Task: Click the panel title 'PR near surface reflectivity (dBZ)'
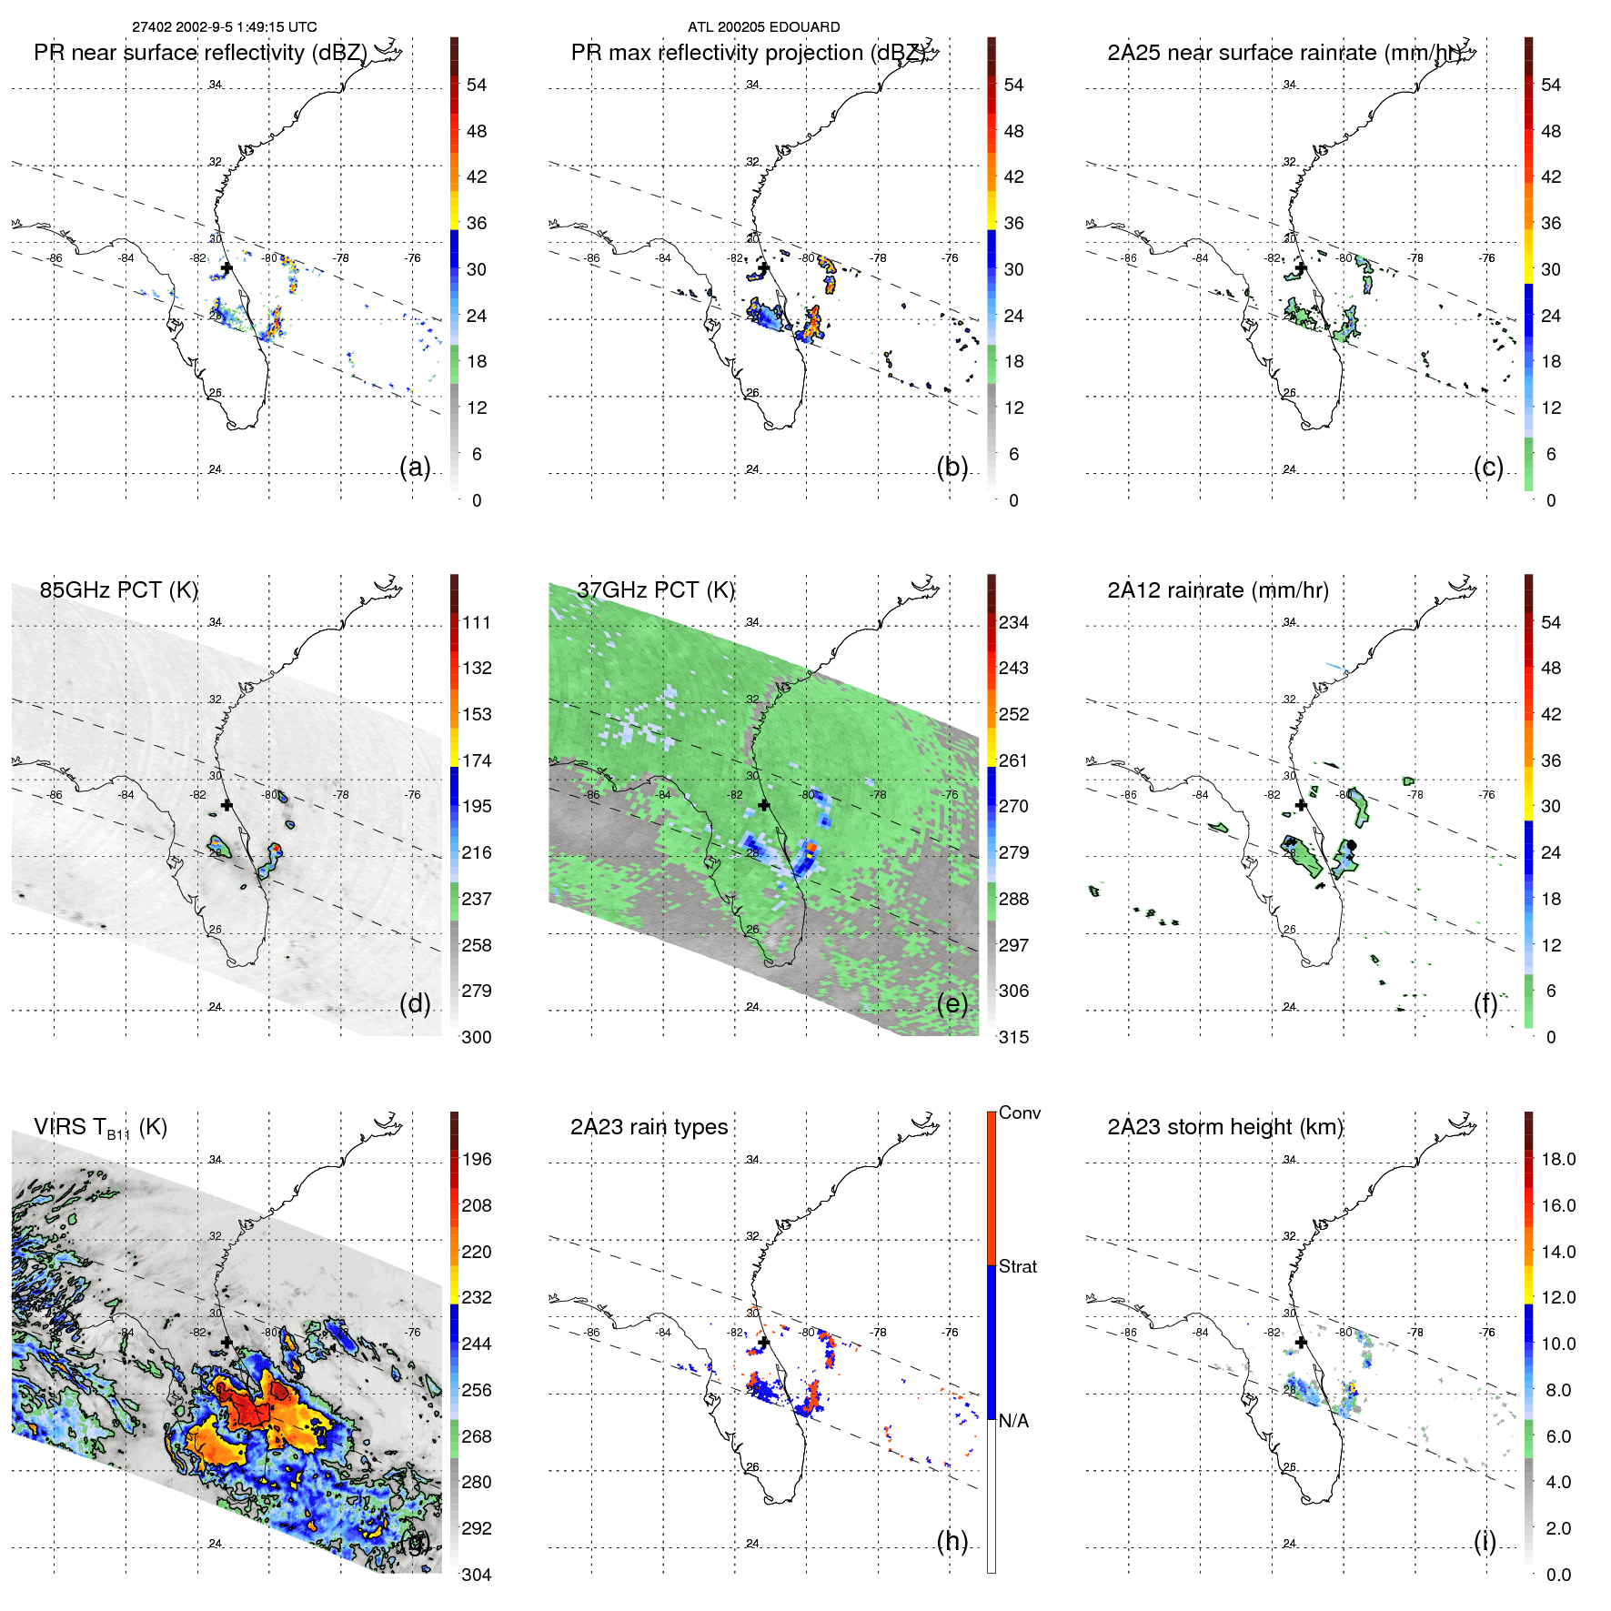pyautogui.click(x=200, y=53)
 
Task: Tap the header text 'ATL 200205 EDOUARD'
pyautogui.click(x=763, y=27)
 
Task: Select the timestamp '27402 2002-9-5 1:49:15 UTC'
pyautogui.click(x=225, y=27)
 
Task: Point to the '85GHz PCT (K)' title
pyautogui.click(x=118, y=589)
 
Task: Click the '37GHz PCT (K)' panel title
pyautogui.click(x=655, y=589)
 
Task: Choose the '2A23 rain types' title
pyautogui.click(x=649, y=1127)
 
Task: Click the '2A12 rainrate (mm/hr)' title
pyautogui.click(x=1218, y=589)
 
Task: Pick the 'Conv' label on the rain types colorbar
pyautogui.click(x=1019, y=1113)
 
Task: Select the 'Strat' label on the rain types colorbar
pyautogui.click(x=1018, y=1266)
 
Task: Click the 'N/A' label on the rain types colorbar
pyautogui.click(x=1013, y=1420)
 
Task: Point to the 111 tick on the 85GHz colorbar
pyautogui.click(x=477, y=622)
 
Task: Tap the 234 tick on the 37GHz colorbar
pyautogui.click(x=1013, y=622)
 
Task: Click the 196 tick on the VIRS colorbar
pyautogui.click(x=477, y=1159)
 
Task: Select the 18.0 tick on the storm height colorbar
pyautogui.click(x=1557, y=1159)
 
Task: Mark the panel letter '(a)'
pyautogui.click(x=415, y=467)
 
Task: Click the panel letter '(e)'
pyautogui.click(x=951, y=1003)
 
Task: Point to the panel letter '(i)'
pyautogui.click(x=1485, y=1541)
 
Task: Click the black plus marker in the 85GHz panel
pyautogui.click(x=227, y=805)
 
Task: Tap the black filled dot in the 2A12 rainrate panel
pyautogui.click(x=1351, y=845)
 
